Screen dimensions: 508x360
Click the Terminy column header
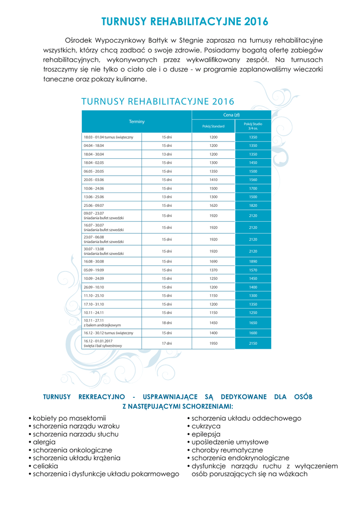click(137, 122)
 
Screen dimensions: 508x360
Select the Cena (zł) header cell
click(231, 115)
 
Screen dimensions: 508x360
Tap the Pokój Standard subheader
click(213, 126)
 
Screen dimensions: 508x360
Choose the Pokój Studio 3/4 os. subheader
click(253, 126)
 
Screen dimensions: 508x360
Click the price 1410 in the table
click(213, 180)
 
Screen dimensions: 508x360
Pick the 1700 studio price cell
click(253, 189)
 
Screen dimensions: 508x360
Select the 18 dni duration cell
click(166, 322)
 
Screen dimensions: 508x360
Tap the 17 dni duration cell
click(166, 343)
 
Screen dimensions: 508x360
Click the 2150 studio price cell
click(253, 343)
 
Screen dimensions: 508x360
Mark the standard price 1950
click(213, 343)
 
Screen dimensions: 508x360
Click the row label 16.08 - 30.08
click(94, 261)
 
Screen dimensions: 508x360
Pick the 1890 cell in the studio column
click(253, 261)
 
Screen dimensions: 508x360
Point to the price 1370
click(213, 270)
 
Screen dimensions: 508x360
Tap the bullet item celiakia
click(45, 466)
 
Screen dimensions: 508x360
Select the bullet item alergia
click(44, 442)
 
